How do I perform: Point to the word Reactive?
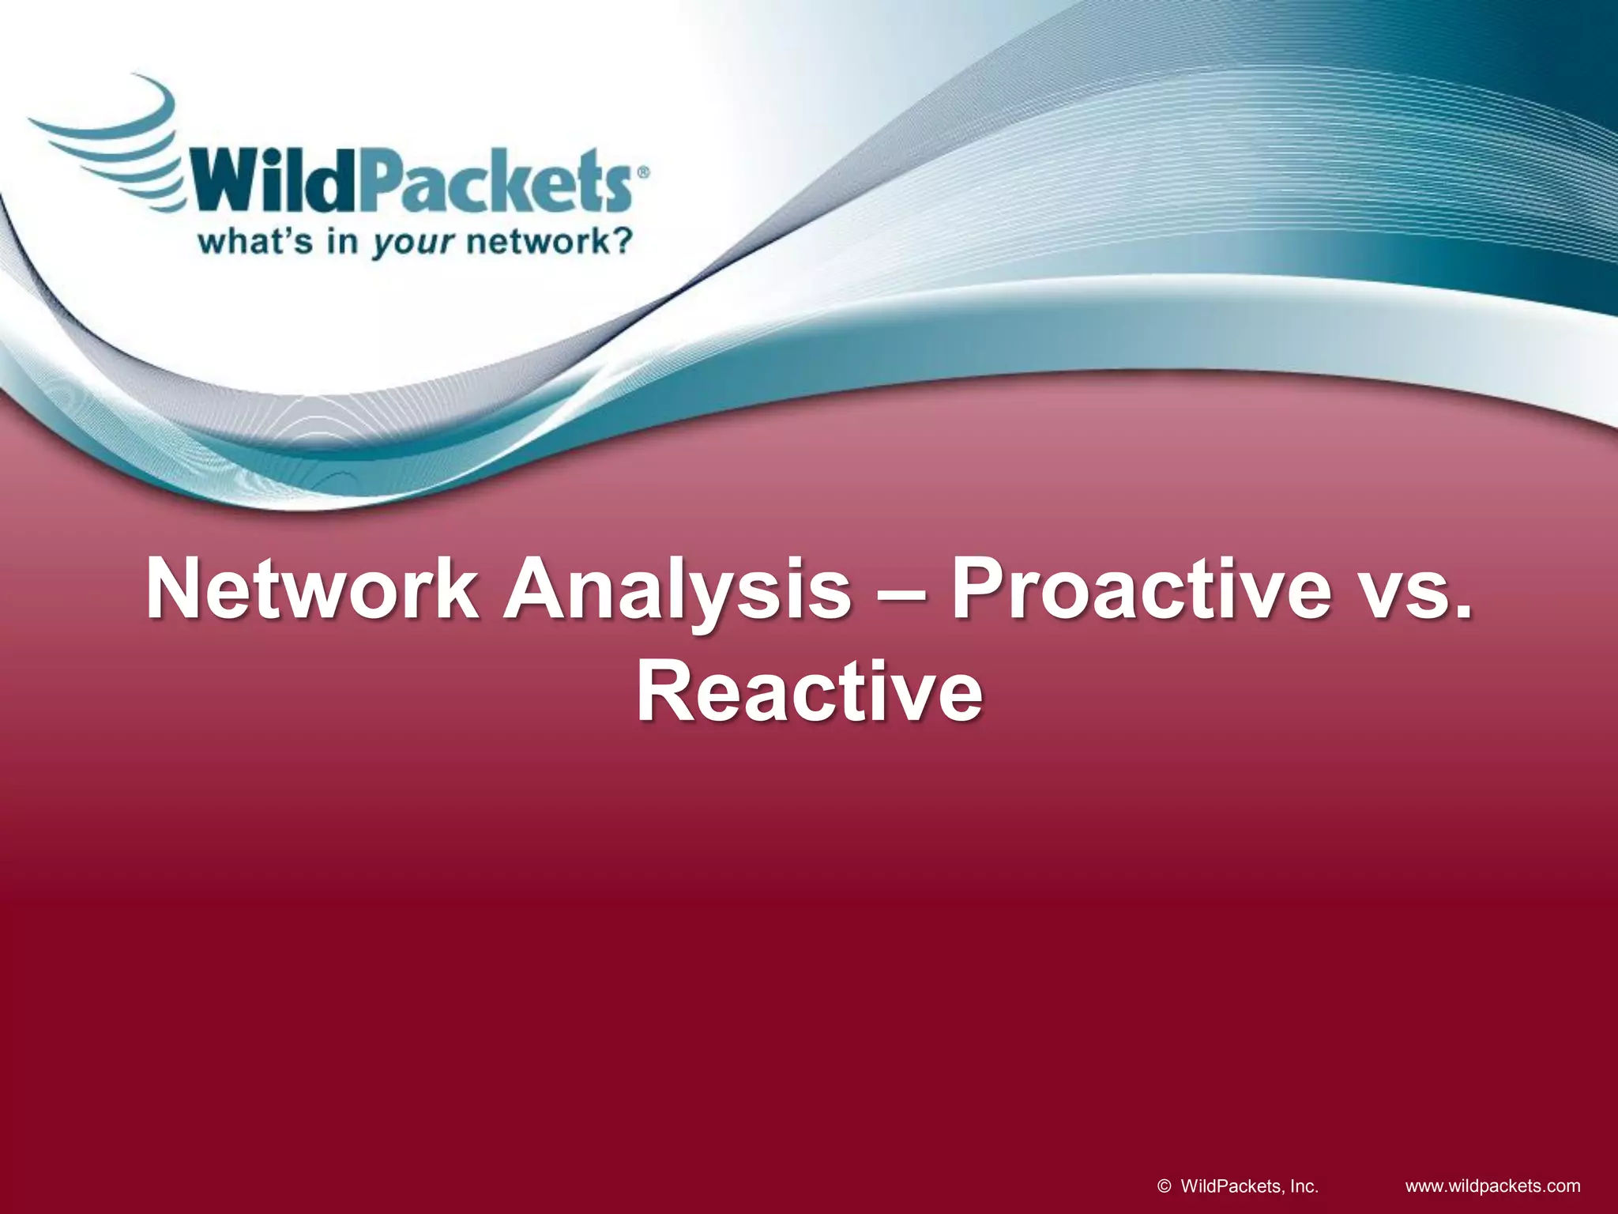click(809, 694)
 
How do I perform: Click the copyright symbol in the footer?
click(1163, 1186)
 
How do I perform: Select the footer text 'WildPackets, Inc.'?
click(1249, 1186)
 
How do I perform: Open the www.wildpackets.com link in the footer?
click(1493, 1186)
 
